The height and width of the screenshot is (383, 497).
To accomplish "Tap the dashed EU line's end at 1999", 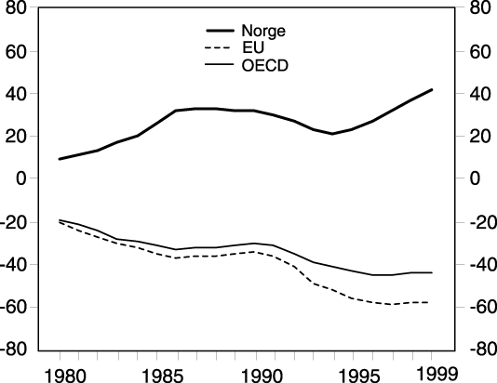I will [427, 302].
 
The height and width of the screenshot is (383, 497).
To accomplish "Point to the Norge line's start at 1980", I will [60, 159].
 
